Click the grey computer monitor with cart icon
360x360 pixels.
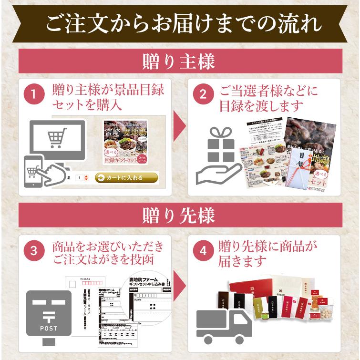[57, 138]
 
